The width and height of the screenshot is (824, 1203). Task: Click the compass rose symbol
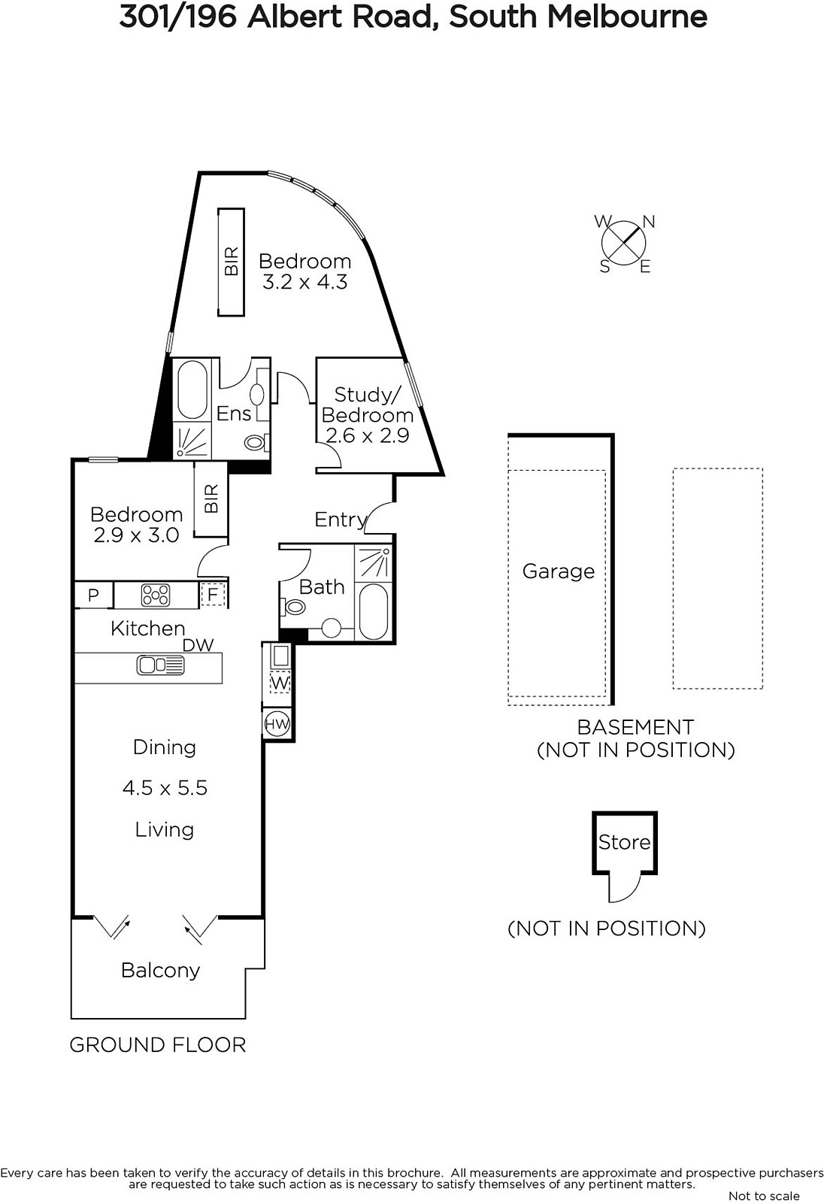point(624,244)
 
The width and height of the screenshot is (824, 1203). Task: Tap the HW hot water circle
point(277,724)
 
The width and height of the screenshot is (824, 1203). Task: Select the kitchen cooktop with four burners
point(155,595)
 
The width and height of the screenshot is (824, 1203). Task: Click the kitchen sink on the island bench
point(161,665)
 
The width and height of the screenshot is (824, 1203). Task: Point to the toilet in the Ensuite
point(256,443)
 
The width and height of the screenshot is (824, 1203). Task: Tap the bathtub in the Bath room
point(373,611)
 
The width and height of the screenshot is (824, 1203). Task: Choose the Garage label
point(559,571)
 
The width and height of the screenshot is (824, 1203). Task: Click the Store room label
point(624,841)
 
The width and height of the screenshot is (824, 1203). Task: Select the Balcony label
point(161,970)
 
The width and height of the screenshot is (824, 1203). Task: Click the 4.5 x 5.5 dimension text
point(165,788)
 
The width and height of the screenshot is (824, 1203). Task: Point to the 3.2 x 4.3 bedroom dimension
point(304,281)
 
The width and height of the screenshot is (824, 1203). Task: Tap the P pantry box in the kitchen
point(93,595)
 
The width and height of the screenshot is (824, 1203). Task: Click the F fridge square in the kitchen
point(214,595)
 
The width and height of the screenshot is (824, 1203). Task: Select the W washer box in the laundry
point(280,683)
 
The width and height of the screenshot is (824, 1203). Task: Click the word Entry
point(341,520)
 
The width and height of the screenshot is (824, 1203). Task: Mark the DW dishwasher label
point(198,645)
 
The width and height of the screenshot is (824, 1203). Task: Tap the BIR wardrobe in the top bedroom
point(231,262)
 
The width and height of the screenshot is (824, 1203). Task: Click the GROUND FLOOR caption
point(158,1044)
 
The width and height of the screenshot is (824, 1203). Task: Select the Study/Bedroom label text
point(368,405)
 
